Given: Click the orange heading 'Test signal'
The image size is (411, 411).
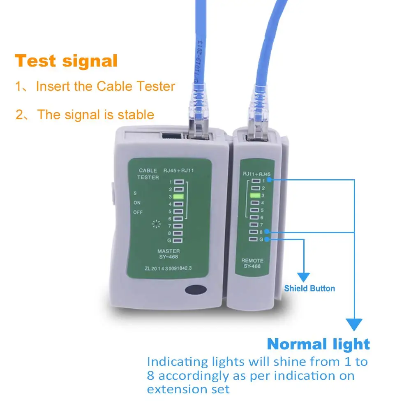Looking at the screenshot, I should pos(66,61).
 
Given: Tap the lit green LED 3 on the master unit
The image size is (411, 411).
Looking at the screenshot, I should pos(178,197).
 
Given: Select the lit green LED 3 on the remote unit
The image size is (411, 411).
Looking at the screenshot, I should pos(255,195).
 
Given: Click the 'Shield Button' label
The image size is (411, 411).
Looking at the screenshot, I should pos(309,289).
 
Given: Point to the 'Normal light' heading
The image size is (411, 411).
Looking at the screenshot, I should pos(319,344).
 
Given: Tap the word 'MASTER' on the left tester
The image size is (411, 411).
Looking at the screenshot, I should pos(169,251).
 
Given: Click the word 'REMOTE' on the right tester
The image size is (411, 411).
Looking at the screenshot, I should pos(252,261).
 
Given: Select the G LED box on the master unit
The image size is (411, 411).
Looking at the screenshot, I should pos(178,241).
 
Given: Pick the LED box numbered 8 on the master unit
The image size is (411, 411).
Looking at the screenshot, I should pos(178,233).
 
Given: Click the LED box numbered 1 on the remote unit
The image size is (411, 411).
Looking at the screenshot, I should pos(255,180).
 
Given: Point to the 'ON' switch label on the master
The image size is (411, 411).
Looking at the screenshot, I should pos(137,203).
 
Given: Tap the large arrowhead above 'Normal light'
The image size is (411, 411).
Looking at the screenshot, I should pos(354,324).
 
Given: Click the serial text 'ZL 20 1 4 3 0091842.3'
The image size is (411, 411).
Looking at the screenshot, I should pos(169,268).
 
